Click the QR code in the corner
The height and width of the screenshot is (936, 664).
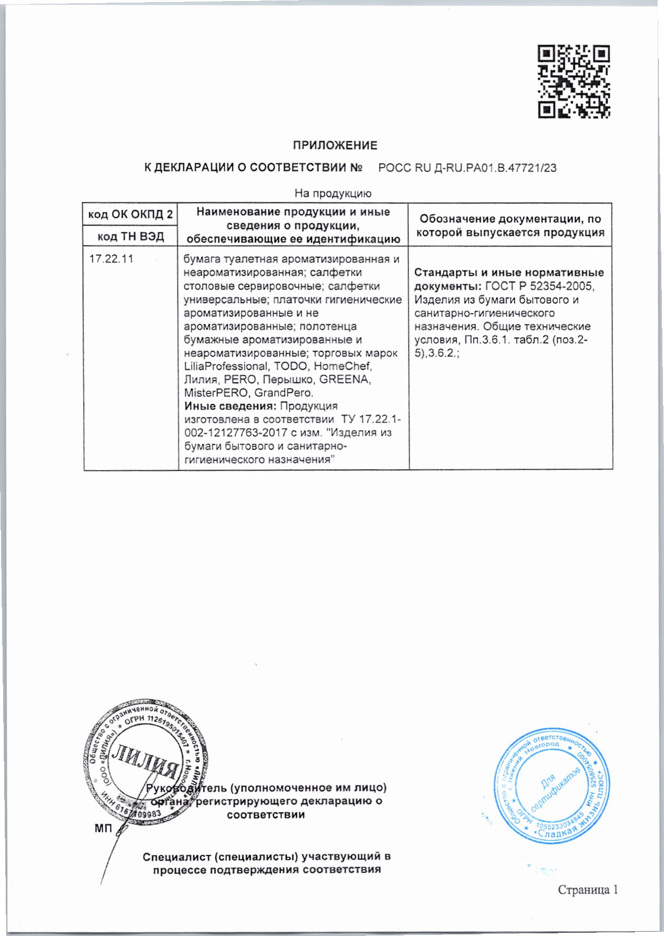coord(574,81)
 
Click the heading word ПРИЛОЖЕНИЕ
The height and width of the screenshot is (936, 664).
coord(335,145)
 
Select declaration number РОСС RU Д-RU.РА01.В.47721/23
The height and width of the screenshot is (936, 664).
coord(467,168)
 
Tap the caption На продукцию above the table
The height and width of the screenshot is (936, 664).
coord(333,193)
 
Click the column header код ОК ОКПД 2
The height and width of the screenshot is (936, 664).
coord(130,214)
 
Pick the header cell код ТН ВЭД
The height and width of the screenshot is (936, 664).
coord(130,237)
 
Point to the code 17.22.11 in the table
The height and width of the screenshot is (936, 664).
coord(111,259)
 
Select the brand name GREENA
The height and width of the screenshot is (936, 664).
coord(345,379)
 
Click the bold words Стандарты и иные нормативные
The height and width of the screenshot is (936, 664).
coord(509,273)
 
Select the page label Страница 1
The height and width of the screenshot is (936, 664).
coord(588,890)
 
